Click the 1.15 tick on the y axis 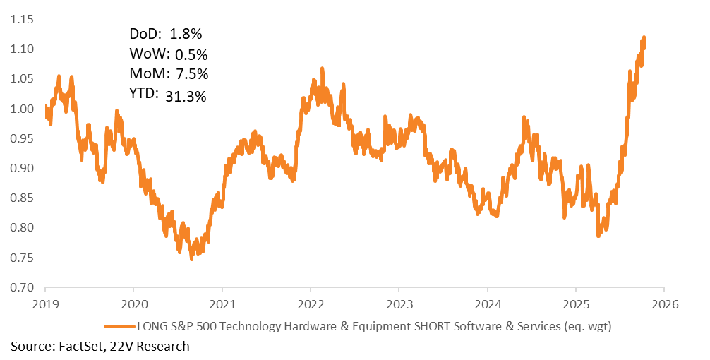(x=22, y=19)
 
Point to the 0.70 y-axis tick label (x=22, y=287)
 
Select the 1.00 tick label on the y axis (x=22, y=109)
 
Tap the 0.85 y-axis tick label (x=22, y=198)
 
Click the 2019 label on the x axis (x=45, y=304)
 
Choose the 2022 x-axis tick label (x=311, y=304)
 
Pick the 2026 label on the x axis (x=664, y=304)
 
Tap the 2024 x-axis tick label (x=488, y=304)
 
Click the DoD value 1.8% (x=186, y=34)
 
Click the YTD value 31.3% (x=186, y=97)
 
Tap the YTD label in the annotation (x=145, y=94)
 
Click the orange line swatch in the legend (x=119, y=326)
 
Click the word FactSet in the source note (x=77, y=346)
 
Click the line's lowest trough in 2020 (x=191, y=259)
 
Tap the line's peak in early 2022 (x=322, y=68)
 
